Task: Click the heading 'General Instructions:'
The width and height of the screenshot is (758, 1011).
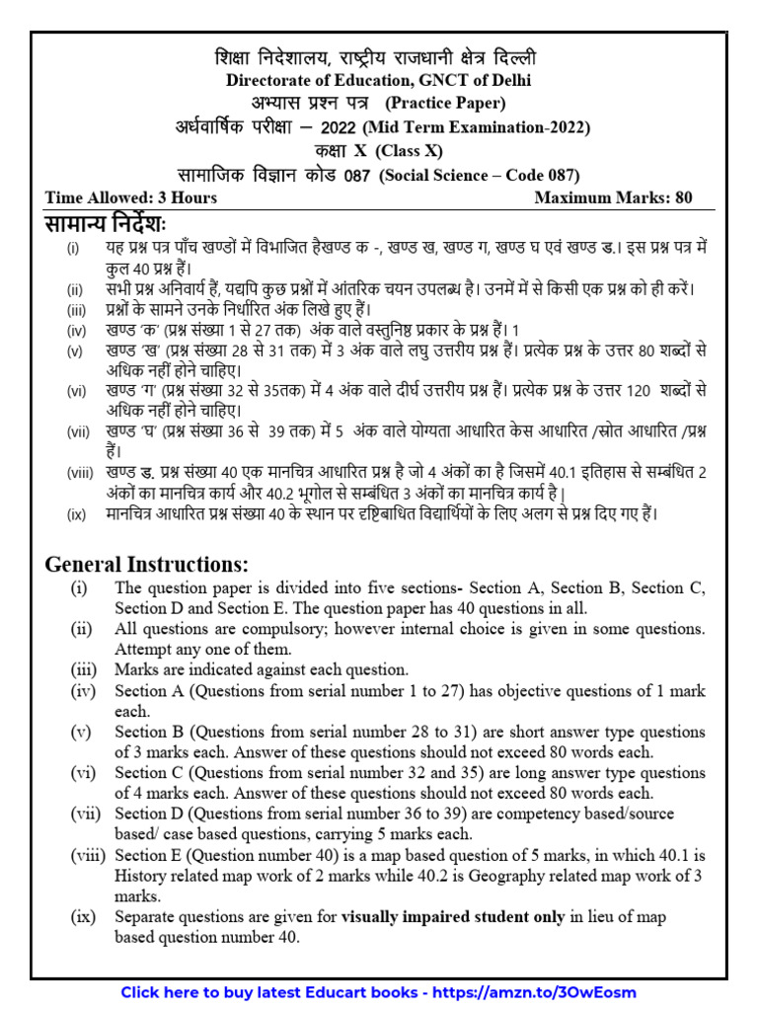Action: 147,565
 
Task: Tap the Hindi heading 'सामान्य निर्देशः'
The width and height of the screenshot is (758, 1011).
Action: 108,223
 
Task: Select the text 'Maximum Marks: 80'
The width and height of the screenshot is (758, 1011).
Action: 613,197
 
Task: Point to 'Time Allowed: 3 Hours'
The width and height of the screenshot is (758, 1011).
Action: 131,197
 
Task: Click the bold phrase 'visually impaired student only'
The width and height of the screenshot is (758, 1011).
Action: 453,917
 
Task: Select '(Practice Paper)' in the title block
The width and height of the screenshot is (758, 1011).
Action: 445,103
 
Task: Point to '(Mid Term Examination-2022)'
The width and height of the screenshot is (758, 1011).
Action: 477,127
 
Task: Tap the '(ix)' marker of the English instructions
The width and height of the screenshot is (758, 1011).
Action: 83,917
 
